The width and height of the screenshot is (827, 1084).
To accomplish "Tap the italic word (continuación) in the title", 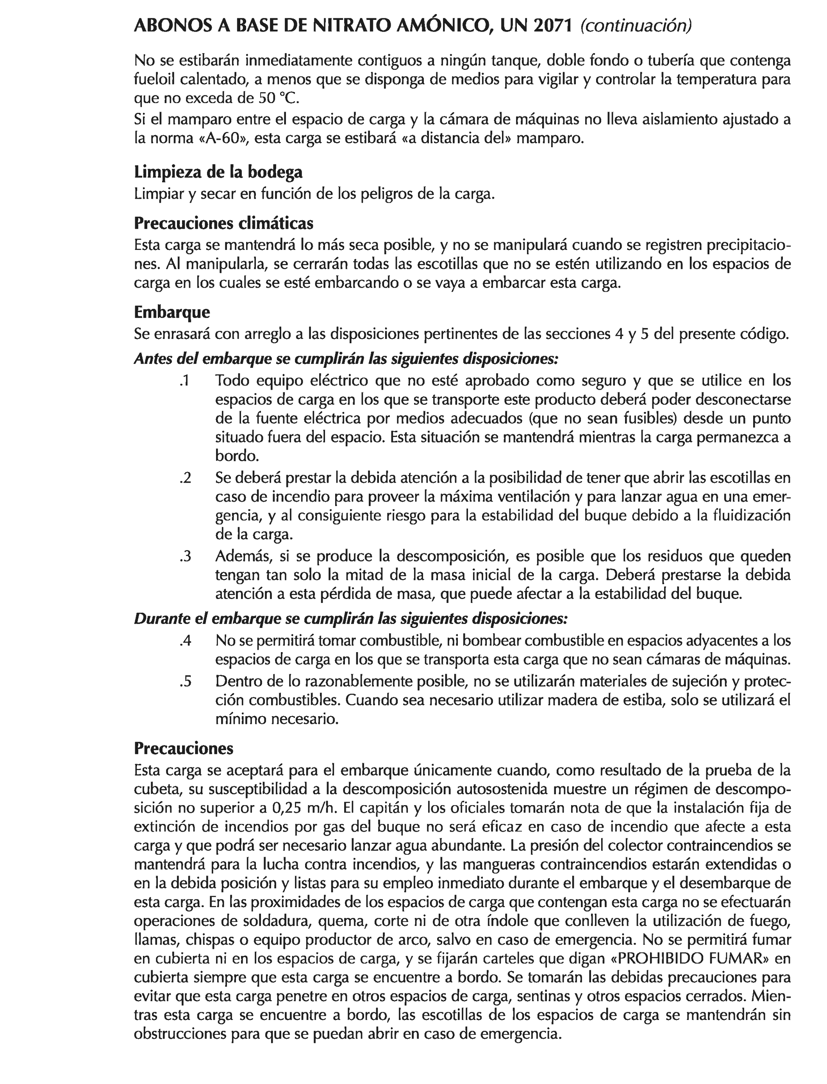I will (x=636, y=26).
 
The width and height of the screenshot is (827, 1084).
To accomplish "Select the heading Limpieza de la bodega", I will (x=218, y=172).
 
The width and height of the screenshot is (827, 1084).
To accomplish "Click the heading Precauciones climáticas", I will (x=223, y=223).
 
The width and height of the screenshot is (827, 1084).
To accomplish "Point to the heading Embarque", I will (x=172, y=312).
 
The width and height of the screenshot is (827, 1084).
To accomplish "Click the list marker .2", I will (x=185, y=478).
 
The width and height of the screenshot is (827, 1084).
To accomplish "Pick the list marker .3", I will (x=185, y=556).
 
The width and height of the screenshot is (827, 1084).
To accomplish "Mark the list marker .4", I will (x=185, y=641).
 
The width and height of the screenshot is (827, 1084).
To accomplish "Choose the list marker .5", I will (x=185, y=681).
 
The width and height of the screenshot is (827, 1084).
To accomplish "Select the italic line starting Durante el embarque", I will (x=350, y=619).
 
